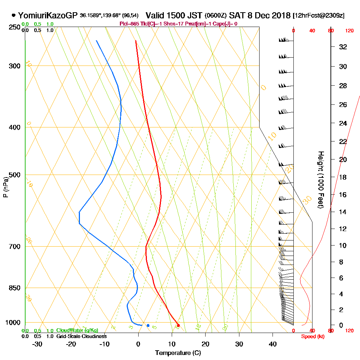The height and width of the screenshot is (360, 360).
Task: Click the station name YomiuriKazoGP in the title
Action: tap(48, 15)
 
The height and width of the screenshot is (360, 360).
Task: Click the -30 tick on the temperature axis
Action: tap(37, 345)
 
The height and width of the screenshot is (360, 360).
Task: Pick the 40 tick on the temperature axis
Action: tap(273, 345)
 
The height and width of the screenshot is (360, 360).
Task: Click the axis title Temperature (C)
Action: tap(178, 353)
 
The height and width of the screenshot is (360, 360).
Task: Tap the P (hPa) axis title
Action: tap(5, 187)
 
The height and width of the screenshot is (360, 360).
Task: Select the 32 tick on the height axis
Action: tap(343, 47)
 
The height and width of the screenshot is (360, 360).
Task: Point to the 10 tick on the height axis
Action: tap(343, 246)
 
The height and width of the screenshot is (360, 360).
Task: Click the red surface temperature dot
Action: tap(178, 325)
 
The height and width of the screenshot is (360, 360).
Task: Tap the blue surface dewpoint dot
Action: tap(148, 325)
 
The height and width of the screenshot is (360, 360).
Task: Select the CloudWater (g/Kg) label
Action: tap(77, 330)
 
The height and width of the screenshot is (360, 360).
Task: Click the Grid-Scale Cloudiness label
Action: tap(81, 336)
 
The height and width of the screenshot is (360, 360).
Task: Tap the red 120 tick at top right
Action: tap(349, 31)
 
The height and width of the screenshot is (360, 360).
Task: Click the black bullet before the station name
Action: tap(14, 15)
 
